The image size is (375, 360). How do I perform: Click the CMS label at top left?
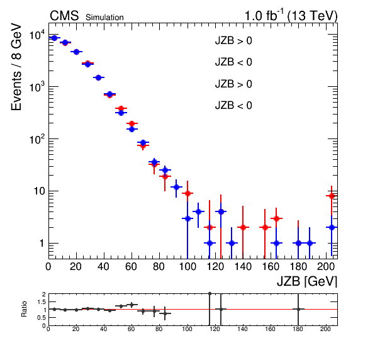64,16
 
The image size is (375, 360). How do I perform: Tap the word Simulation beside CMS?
104,18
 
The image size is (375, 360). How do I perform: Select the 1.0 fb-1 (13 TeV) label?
291,16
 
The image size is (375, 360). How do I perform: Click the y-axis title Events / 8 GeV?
16,67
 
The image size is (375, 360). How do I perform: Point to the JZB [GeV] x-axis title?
307,281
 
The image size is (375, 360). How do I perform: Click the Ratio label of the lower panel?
24,309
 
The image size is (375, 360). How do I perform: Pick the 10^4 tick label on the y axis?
36,35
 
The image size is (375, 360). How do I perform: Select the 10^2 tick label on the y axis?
36,139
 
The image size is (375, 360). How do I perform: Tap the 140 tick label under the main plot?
243,266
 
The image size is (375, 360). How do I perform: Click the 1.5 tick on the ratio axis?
42,302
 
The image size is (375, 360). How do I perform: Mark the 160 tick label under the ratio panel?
271,329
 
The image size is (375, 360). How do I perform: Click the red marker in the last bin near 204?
332,196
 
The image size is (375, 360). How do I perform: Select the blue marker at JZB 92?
176,187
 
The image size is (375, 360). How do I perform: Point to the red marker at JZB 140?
243,227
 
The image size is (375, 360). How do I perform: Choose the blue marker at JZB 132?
232,243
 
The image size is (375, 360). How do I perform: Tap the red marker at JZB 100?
187,193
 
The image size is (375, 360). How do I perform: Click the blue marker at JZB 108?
198,211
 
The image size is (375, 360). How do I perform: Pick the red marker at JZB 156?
265,227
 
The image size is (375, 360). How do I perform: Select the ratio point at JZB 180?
298,309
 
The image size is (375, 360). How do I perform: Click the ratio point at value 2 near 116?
210,293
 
